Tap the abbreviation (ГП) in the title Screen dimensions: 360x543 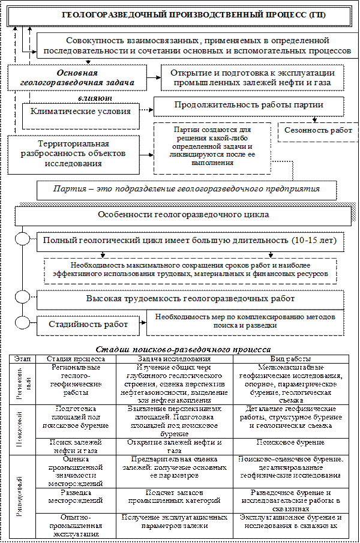tap(316, 14)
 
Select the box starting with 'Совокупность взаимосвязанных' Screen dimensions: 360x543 tap(198, 46)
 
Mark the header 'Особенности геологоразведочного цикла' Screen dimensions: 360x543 tap(183, 214)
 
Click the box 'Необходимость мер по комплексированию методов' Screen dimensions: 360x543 tap(245, 321)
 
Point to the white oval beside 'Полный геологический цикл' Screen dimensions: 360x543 tap(22, 239)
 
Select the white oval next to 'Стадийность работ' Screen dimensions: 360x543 tap(22, 322)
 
